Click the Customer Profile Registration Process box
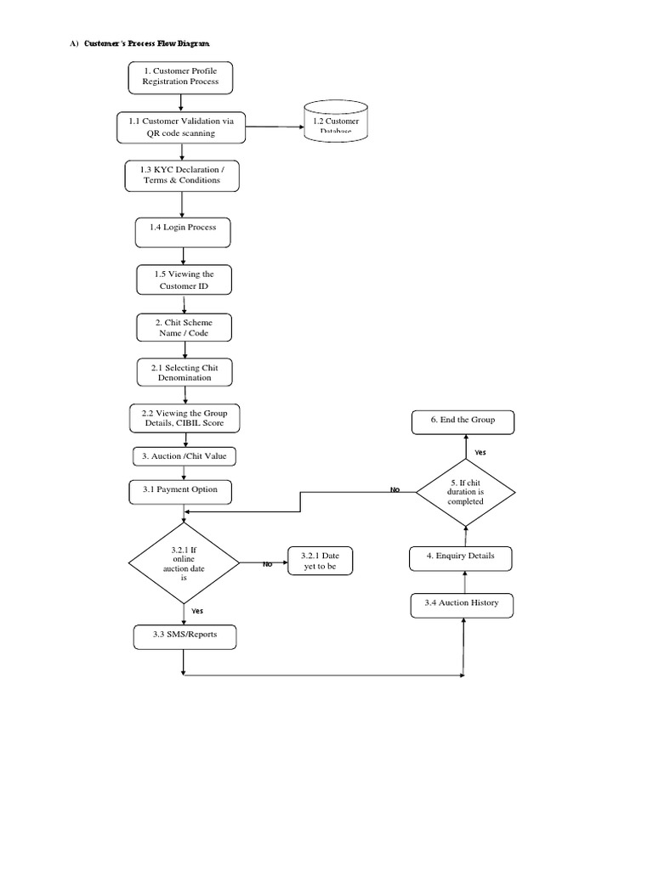click(180, 76)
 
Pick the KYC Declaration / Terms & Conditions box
click(181, 175)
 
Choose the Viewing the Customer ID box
click(184, 280)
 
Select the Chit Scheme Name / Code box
click(184, 327)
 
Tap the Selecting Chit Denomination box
click(184, 372)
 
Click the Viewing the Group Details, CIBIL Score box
click(185, 416)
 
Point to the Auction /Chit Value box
click(184, 456)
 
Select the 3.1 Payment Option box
click(184, 489)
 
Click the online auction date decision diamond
click(184, 562)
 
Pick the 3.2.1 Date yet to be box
click(319, 561)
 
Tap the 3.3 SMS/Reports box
click(184, 636)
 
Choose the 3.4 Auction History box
click(463, 603)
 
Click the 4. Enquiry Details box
click(463, 556)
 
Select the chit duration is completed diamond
click(465, 491)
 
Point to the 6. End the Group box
click(463, 421)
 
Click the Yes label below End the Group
click(480, 453)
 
